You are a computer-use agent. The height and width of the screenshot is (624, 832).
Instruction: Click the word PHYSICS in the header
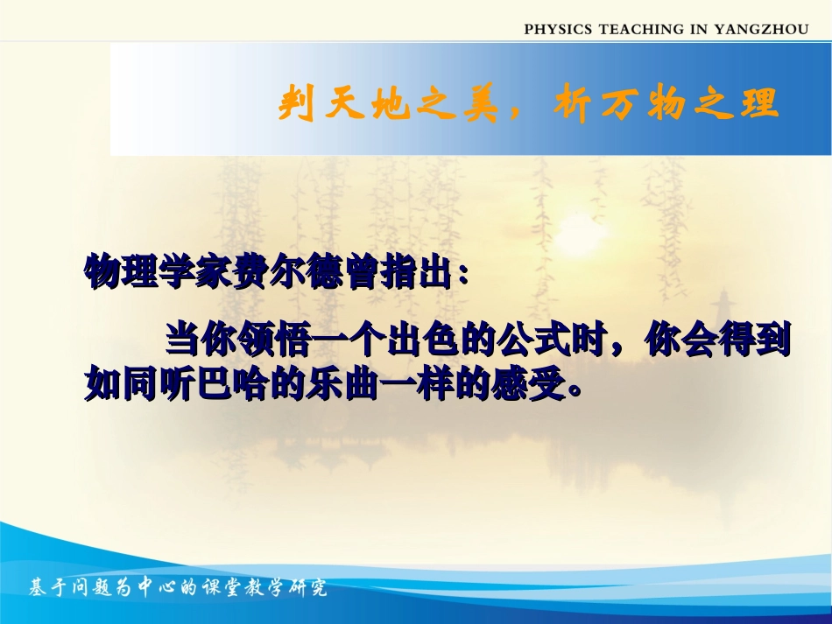coord(558,29)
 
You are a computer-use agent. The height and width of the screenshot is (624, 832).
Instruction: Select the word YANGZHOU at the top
coord(761,29)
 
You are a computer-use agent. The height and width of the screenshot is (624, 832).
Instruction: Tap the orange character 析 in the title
coord(573,103)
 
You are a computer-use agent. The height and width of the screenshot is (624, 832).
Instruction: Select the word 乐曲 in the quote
coord(342,382)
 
